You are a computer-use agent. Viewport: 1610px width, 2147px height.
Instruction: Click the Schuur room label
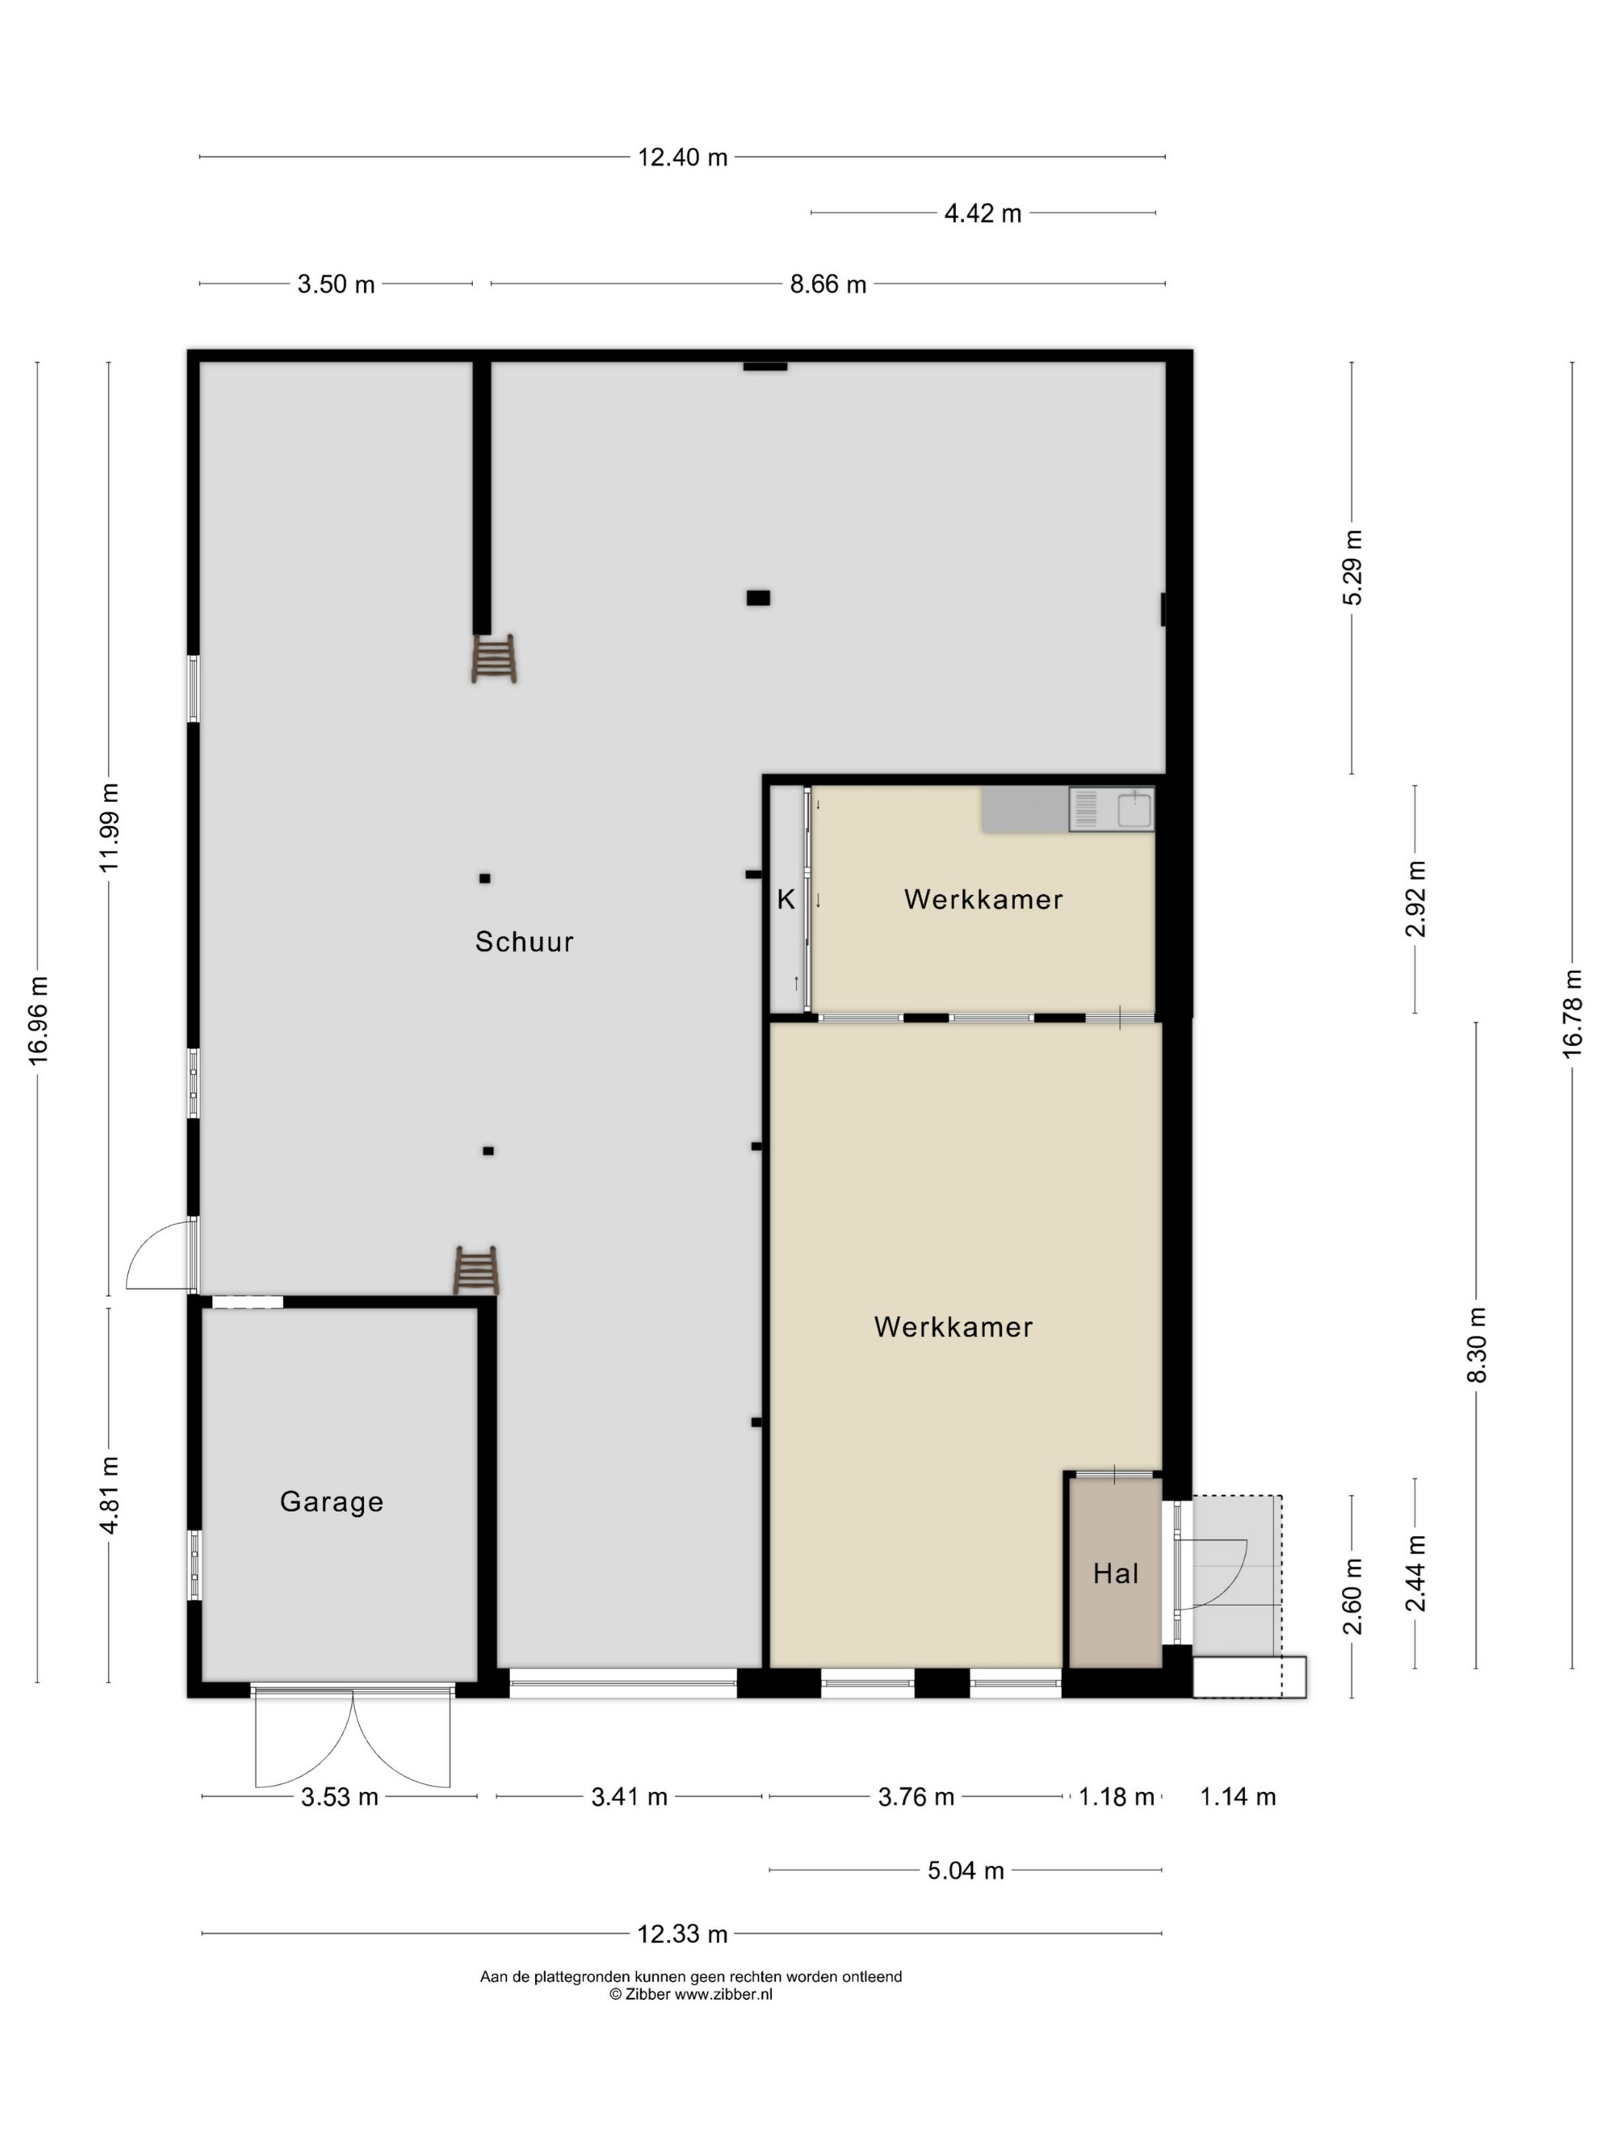[524, 942]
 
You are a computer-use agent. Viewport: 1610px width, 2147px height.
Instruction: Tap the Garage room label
[332, 1501]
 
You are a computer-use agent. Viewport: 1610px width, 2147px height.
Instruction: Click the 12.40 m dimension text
[682, 157]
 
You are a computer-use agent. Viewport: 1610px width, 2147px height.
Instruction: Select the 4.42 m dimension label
[983, 213]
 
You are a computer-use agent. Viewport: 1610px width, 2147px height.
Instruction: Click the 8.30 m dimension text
[1477, 1345]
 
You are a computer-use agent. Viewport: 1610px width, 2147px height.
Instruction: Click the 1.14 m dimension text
[1237, 1797]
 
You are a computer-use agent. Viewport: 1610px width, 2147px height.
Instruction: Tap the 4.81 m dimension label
[110, 1494]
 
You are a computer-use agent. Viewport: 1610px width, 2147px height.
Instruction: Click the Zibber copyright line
[691, 1994]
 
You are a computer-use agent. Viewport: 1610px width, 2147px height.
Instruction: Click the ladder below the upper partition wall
[494, 659]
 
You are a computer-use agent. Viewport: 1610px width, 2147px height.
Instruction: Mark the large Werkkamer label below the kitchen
[953, 1327]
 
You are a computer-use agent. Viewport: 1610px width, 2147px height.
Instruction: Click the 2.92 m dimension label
[1416, 899]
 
